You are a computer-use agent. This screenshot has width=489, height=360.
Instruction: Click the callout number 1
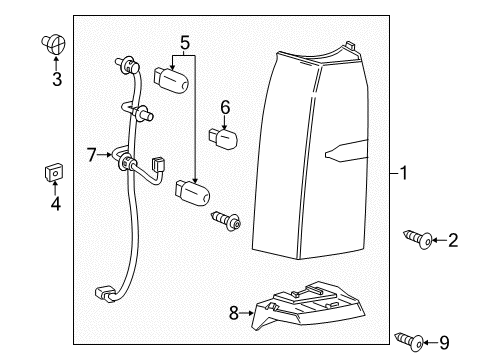[x=404, y=173]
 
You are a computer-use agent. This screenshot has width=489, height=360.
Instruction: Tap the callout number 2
[x=453, y=240]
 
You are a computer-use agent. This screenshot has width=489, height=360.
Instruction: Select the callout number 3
[x=57, y=79]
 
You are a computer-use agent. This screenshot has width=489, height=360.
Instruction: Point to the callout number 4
[x=56, y=204]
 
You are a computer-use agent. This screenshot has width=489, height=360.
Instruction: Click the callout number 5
[x=185, y=43]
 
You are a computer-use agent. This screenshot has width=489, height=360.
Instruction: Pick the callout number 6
[x=225, y=107]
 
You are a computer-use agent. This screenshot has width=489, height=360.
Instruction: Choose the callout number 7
[x=91, y=155]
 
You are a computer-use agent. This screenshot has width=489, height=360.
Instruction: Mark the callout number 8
[x=234, y=313]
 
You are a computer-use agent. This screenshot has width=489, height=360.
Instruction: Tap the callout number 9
[x=444, y=342]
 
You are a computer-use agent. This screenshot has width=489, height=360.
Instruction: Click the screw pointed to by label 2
[x=418, y=239]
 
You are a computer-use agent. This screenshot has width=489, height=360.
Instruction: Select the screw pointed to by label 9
[x=409, y=342]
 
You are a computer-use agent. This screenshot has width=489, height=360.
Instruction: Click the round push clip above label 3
[x=53, y=44]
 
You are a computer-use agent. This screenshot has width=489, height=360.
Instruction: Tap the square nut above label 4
[x=54, y=172]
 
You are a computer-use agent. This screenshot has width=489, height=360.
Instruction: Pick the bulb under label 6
[x=223, y=138]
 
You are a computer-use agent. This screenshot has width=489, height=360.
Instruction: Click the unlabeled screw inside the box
[x=226, y=221]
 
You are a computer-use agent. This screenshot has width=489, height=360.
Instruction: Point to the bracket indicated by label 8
[x=308, y=306]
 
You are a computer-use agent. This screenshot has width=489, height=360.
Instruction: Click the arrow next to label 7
[x=105, y=155]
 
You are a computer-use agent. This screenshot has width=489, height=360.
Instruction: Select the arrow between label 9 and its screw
[x=430, y=342]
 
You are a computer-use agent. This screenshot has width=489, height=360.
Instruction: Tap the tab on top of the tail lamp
[x=350, y=46]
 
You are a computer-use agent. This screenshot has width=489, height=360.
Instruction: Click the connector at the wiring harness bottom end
[x=105, y=294]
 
